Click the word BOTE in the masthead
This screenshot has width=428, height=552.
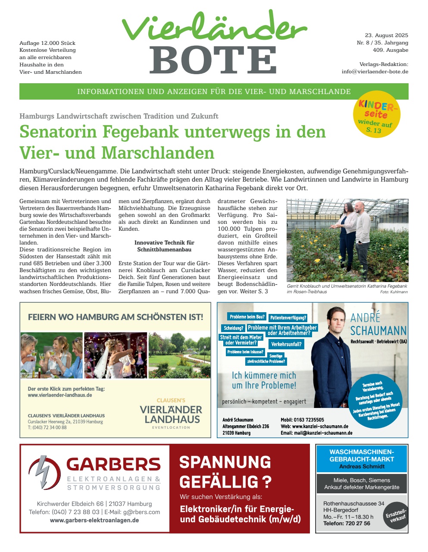click(x=214, y=60)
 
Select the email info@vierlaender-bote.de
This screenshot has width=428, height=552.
click(x=375, y=72)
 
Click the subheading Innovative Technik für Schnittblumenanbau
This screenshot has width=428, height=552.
click(x=164, y=246)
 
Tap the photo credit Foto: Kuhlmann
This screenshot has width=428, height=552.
click(x=394, y=292)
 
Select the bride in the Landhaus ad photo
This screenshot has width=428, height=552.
click(x=112, y=356)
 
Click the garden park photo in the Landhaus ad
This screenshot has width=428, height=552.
click(x=179, y=355)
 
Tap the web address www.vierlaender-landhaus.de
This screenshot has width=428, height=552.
click(x=60, y=395)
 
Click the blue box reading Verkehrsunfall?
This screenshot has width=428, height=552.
click(x=287, y=344)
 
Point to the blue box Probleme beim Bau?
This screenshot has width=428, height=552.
click(x=247, y=317)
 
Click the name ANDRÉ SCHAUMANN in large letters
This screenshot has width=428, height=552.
click(x=378, y=325)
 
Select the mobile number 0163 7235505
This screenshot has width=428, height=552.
click(x=309, y=420)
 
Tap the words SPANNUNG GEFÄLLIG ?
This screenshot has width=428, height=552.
click(x=225, y=472)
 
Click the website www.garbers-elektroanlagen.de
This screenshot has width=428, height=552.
click(x=94, y=520)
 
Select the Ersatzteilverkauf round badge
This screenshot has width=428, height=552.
click(x=395, y=516)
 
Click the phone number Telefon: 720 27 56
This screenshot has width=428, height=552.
click(x=347, y=523)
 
